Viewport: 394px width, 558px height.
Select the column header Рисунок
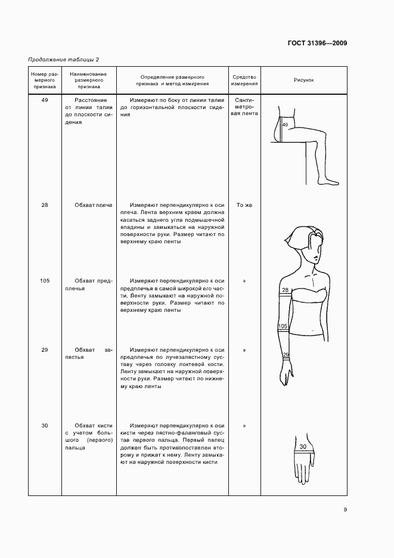tap(303, 79)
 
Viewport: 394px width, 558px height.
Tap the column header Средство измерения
tap(244, 80)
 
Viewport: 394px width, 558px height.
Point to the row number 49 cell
tap(45, 101)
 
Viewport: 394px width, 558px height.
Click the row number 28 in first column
tap(45, 205)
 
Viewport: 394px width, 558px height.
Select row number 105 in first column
tap(45, 281)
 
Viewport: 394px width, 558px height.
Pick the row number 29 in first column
tap(45, 350)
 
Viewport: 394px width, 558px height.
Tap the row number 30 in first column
tap(45, 426)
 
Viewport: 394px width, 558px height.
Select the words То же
tap(244, 205)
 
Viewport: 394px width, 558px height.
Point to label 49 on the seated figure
tap(285, 125)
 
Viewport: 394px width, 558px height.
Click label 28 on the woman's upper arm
tap(285, 290)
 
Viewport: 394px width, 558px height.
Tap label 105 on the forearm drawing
tap(283, 327)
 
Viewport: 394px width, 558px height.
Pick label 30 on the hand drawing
tap(303, 446)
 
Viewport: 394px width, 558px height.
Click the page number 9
tap(345, 509)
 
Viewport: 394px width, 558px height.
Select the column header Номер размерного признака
tap(45, 80)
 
